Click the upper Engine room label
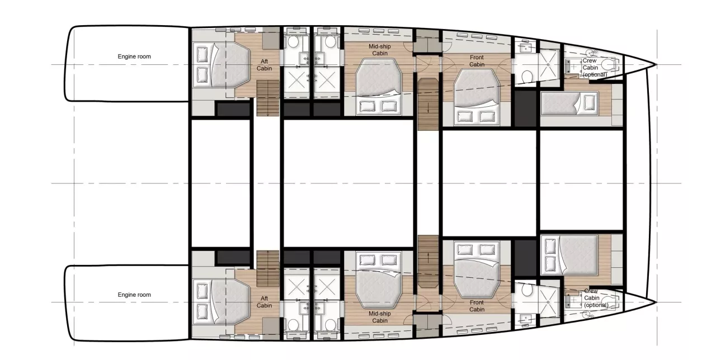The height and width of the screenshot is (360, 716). tap(134, 56)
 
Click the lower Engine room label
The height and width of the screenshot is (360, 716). tap(134, 295)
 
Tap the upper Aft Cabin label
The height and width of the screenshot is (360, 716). tap(265, 65)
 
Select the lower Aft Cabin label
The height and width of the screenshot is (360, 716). tap(265, 302)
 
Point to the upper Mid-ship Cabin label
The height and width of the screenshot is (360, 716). tap(380, 50)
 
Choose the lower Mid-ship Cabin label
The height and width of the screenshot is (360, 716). tap(380, 317)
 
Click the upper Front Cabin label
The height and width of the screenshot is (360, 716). tap(477, 61)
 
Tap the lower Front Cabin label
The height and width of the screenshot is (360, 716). tap(477, 306)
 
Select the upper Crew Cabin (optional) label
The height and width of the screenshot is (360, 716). tap(595, 68)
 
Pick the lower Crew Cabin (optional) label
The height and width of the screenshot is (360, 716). tap(596, 298)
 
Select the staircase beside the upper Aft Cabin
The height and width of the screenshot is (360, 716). tap(268, 98)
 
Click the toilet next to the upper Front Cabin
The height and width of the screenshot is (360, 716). tap(526, 77)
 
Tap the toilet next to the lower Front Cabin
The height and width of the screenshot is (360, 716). tap(526, 290)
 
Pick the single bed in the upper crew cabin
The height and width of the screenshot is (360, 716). tap(569, 103)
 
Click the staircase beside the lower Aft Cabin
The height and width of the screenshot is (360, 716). tap(268, 269)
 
